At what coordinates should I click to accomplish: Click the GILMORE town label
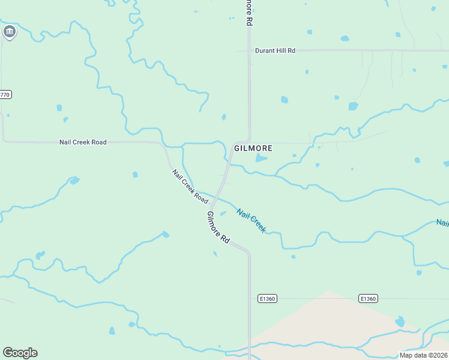253,148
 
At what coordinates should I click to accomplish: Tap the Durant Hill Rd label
275,51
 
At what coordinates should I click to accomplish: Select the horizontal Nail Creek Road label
83,142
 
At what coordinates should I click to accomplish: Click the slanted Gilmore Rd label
218,227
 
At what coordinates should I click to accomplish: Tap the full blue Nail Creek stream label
251,220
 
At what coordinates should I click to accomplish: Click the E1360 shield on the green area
267,298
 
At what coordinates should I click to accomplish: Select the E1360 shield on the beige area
368,298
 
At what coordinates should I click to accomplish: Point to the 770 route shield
5,95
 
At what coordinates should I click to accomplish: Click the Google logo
20,353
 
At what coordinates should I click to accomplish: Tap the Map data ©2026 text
423,355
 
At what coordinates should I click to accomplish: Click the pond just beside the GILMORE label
261,158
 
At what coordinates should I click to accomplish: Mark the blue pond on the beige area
400,322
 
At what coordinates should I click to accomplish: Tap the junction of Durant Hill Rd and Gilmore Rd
249,51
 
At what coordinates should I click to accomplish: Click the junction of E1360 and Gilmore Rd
250,298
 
